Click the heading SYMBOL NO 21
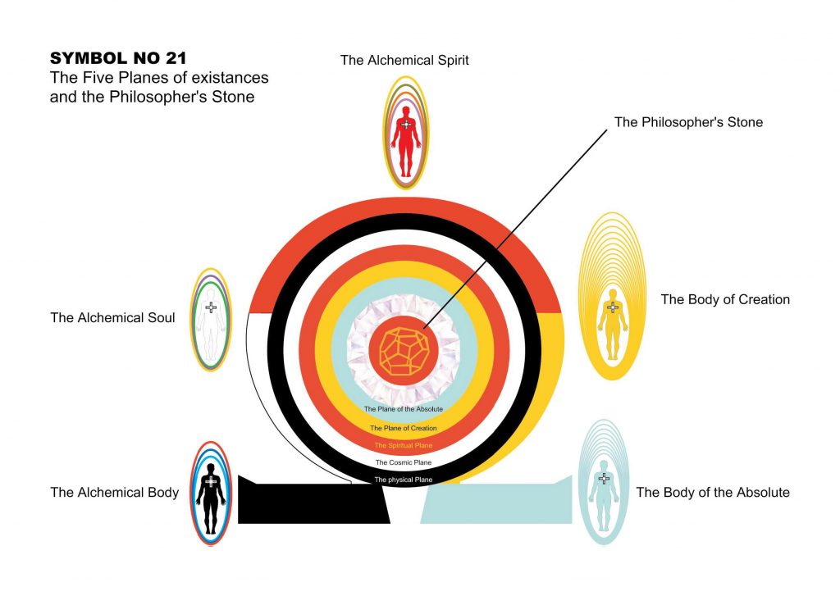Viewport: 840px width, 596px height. click(x=118, y=58)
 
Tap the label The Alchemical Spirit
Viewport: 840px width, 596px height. click(x=404, y=60)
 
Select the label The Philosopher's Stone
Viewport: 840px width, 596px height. click(x=688, y=122)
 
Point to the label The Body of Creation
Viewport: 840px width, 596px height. click(x=725, y=299)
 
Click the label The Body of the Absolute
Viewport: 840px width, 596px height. click(x=713, y=492)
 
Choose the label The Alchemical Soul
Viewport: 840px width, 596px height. click(x=112, y=317)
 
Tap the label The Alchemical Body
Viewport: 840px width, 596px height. click(x=115, y=492)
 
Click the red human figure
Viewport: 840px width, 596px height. click(x=406, y=141)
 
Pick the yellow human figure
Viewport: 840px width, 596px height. click(x=613, y=325)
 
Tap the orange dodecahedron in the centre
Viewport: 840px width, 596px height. click(x=404, y=351)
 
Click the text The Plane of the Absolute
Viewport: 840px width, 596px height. click(x=404, y=409)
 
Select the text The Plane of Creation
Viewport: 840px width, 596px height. click(x=404, y=429)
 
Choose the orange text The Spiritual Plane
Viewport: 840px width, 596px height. click(x=404, y=445)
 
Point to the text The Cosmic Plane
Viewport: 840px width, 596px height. click(x=404, y=462)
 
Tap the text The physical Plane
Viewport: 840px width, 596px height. click(x=404, y=480)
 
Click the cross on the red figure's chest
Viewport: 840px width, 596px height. click(x=407, y=125)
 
